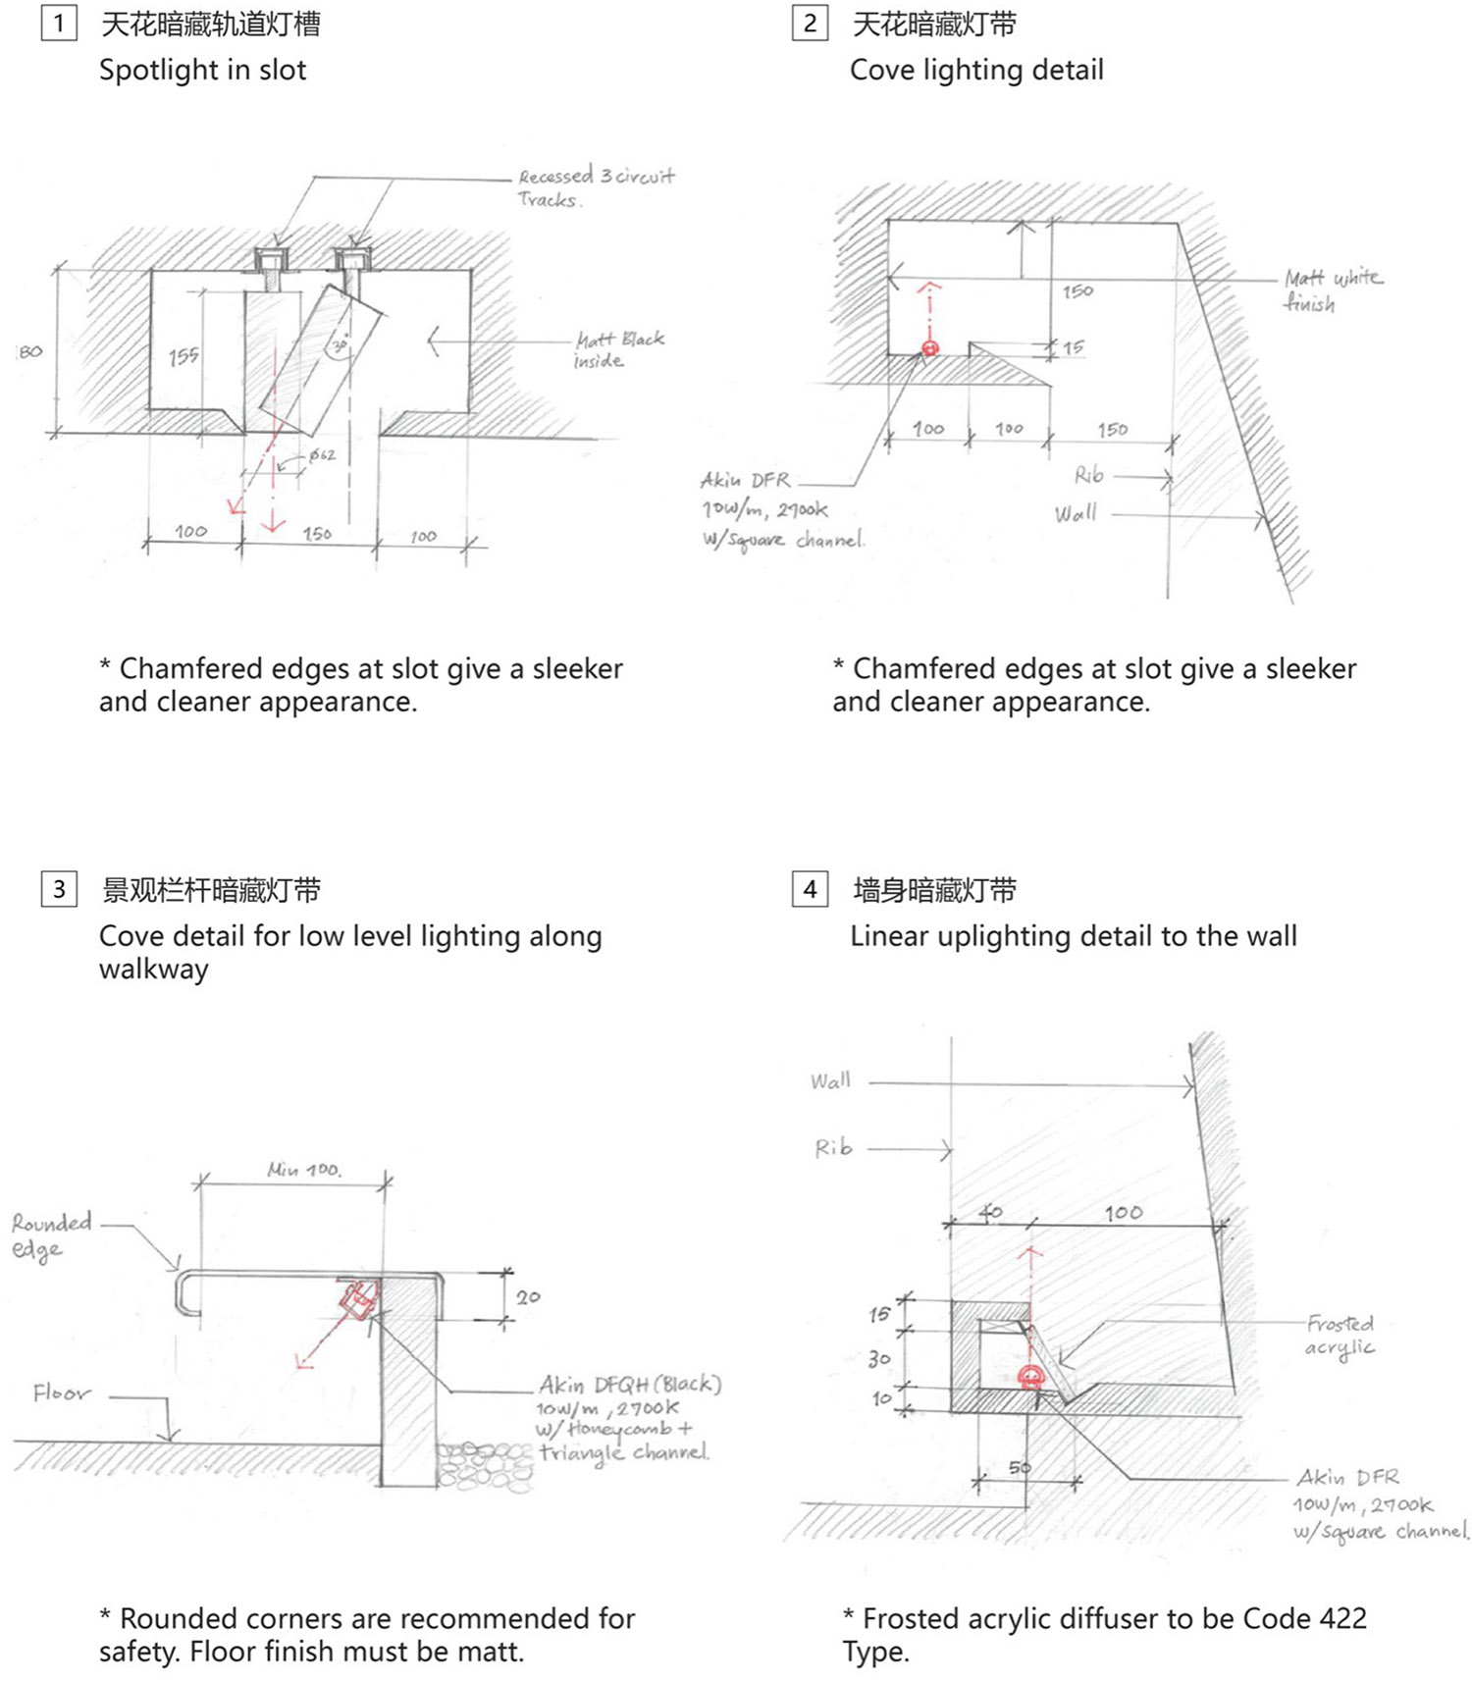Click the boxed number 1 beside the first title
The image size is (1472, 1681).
(59, 23)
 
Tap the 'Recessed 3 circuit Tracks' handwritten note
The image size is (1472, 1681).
(595, 186)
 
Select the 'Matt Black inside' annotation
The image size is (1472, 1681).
(618, 349)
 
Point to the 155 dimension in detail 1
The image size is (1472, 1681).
(184, 356)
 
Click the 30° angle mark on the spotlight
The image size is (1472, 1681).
(340, 345)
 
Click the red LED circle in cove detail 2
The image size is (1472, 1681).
(930, 347)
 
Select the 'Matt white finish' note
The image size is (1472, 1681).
(1333, 289)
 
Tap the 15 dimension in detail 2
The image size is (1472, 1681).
(1073, 347)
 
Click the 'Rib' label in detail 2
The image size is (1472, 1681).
(1088, 476)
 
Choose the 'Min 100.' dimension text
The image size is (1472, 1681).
(304, 1170)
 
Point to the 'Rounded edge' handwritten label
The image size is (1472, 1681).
(51, 1234)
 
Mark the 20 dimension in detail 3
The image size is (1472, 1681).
(528, 1297)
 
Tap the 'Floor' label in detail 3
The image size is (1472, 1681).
(61, 1392)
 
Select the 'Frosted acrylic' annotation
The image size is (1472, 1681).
(1340, 1335)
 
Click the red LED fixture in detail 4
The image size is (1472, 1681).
(1030, 1375)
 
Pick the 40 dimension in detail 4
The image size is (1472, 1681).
(991, 1213)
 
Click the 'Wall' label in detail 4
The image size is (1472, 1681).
(830, 1081)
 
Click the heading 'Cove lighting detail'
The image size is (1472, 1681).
(976, 70)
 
